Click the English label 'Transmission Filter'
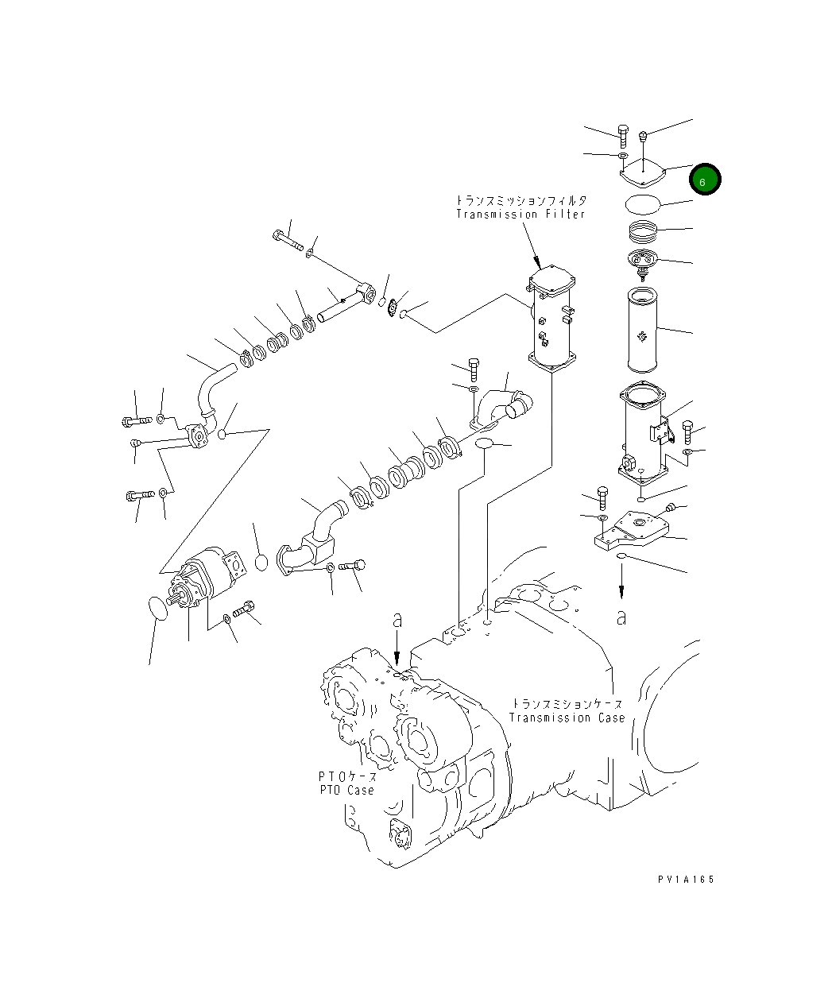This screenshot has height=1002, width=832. click(520, 215)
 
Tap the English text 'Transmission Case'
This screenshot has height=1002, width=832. click(567, 718)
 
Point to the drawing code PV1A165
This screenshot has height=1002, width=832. click(687, 880)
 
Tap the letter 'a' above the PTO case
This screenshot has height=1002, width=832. click(398, 621)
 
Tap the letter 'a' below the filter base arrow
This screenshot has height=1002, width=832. click(621, 617)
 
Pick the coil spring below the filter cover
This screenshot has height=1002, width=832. click(644, 234)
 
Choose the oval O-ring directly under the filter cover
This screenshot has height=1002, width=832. click(643, 203)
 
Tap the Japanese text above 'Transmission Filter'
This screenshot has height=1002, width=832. click(520, 200)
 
